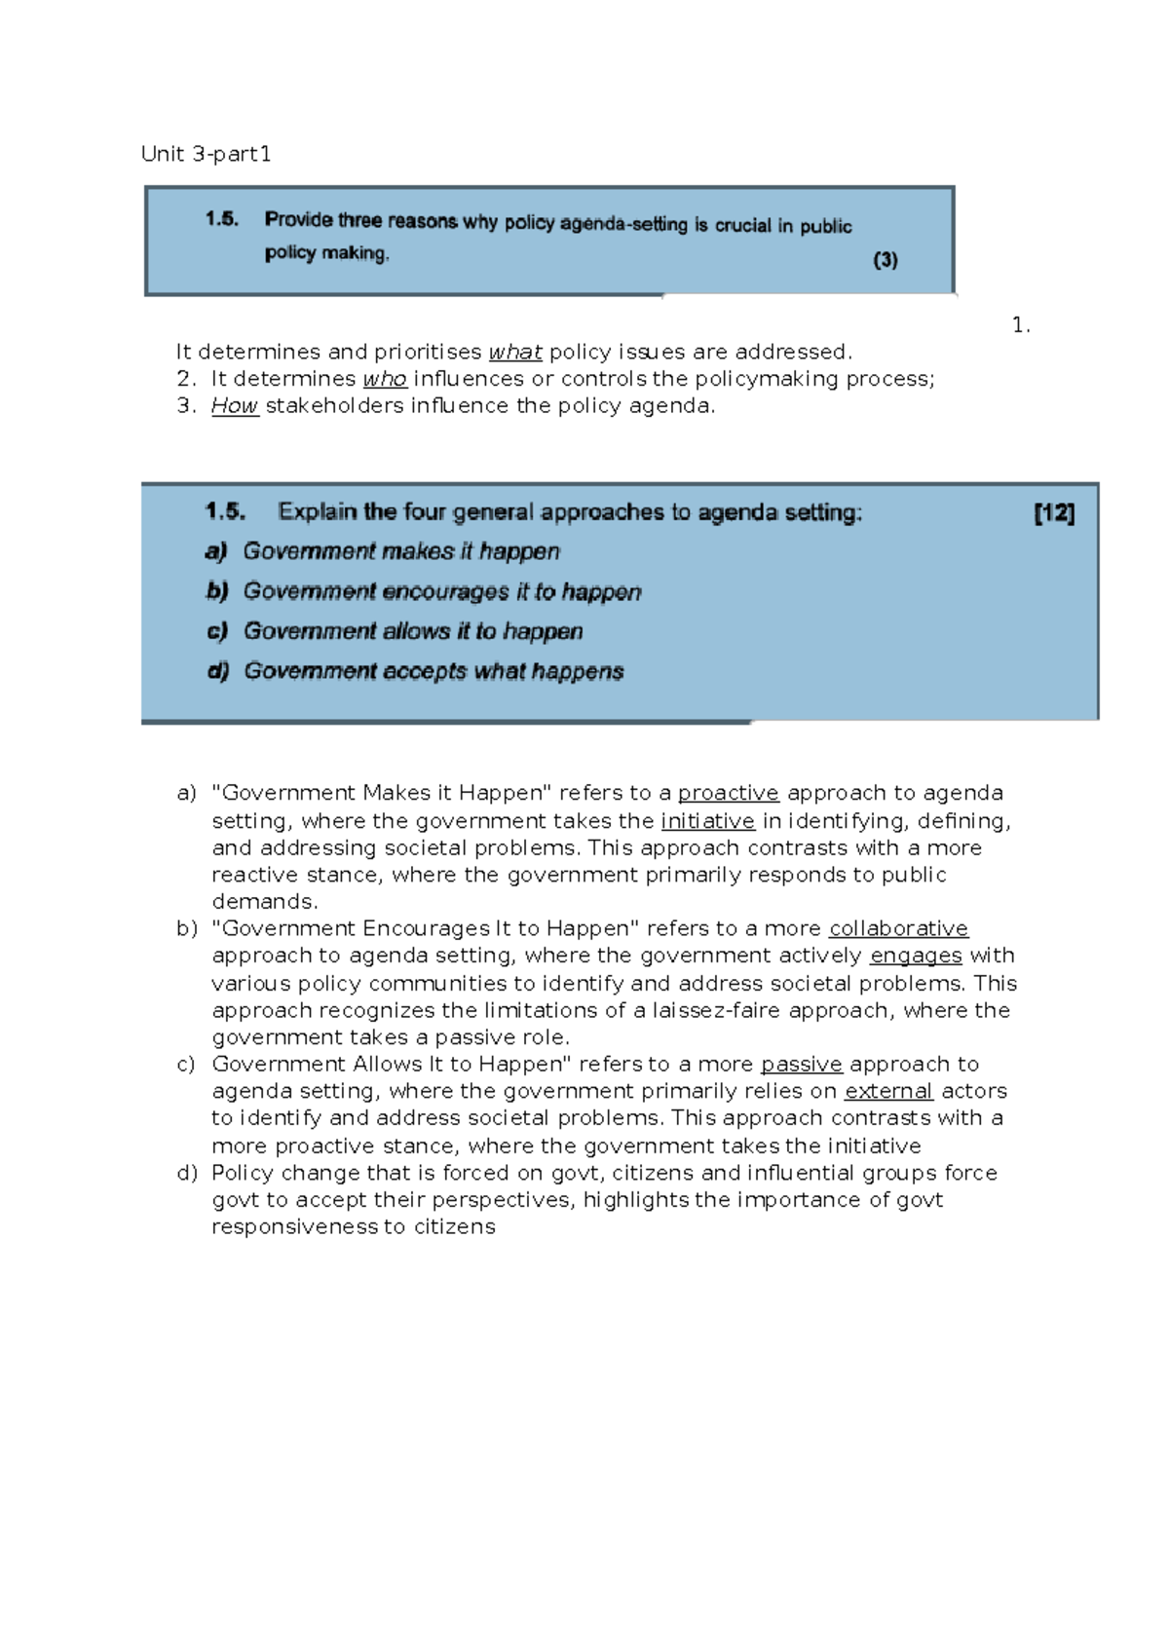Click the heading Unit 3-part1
(x=206, y=154)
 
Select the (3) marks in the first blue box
(x=885, y=260)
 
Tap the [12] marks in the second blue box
(x=1054, y=513)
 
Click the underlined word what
(x=514, y=352)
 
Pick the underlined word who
(x=384, y=379)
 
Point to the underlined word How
(x=234, y=406)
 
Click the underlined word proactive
(x=728, y=793)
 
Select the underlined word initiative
(x=707, y=821)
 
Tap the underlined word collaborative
(x=898, y=928)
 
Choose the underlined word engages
(x=916, y=956)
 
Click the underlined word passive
(x=801, y=1064)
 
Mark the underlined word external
(x=888, y=1091)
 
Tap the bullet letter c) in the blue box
(x=216, y=631)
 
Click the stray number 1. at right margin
(x=1020, y=326)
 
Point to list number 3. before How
(x=187, y=406)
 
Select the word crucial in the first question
(x=742, y=225)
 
